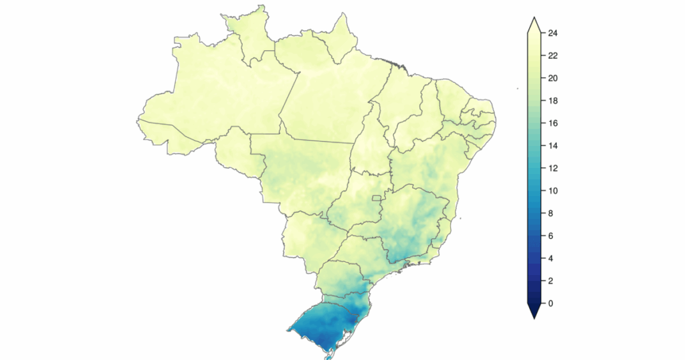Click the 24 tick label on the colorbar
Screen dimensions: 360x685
(554, 33)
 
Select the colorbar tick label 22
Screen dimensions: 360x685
(554, 56)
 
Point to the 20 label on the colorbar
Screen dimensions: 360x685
(554, 78)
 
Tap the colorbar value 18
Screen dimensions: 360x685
(554, 101)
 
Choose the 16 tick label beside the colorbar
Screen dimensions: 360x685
(554, 123)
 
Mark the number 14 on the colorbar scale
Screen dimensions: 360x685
(554, 146)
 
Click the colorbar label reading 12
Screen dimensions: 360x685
(554, 169)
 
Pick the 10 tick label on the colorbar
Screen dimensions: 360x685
(554, 191)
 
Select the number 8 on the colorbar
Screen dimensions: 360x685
(551, 213)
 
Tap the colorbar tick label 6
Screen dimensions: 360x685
(551, 236)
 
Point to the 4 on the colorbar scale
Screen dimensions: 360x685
(551, 258)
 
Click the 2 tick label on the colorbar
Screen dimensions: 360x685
(551, 281)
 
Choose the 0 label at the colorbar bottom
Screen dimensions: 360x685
(551, 304)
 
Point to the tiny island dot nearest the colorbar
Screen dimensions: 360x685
(518, 88)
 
